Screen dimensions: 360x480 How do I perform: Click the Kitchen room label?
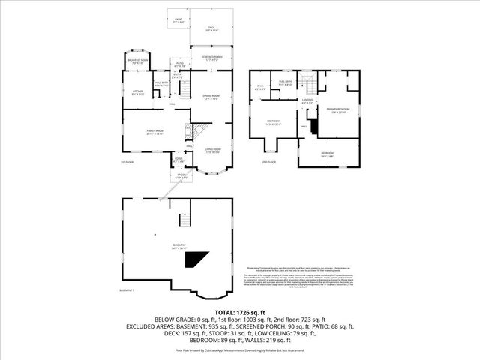(x=137, y=93)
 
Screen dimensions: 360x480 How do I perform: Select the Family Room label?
(x=155, y=132)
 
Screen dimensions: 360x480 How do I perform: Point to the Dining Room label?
(x=211, y=97)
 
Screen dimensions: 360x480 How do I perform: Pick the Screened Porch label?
(x=211, y=58)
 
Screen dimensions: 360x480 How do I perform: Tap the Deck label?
(x=211, y=28)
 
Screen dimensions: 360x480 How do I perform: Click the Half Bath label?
(x=161, y=84)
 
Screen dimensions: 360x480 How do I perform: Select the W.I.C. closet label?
(x=260, y=88)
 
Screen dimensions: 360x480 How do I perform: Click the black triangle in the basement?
(x=197, y=258)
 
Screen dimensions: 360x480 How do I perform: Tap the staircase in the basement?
(x=182, y=220)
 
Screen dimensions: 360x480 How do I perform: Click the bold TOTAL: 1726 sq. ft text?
(x=239, y=311)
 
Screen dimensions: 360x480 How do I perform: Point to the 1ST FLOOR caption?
(x=127, y=162)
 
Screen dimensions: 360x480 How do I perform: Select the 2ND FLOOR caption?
(x=268, y=162)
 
